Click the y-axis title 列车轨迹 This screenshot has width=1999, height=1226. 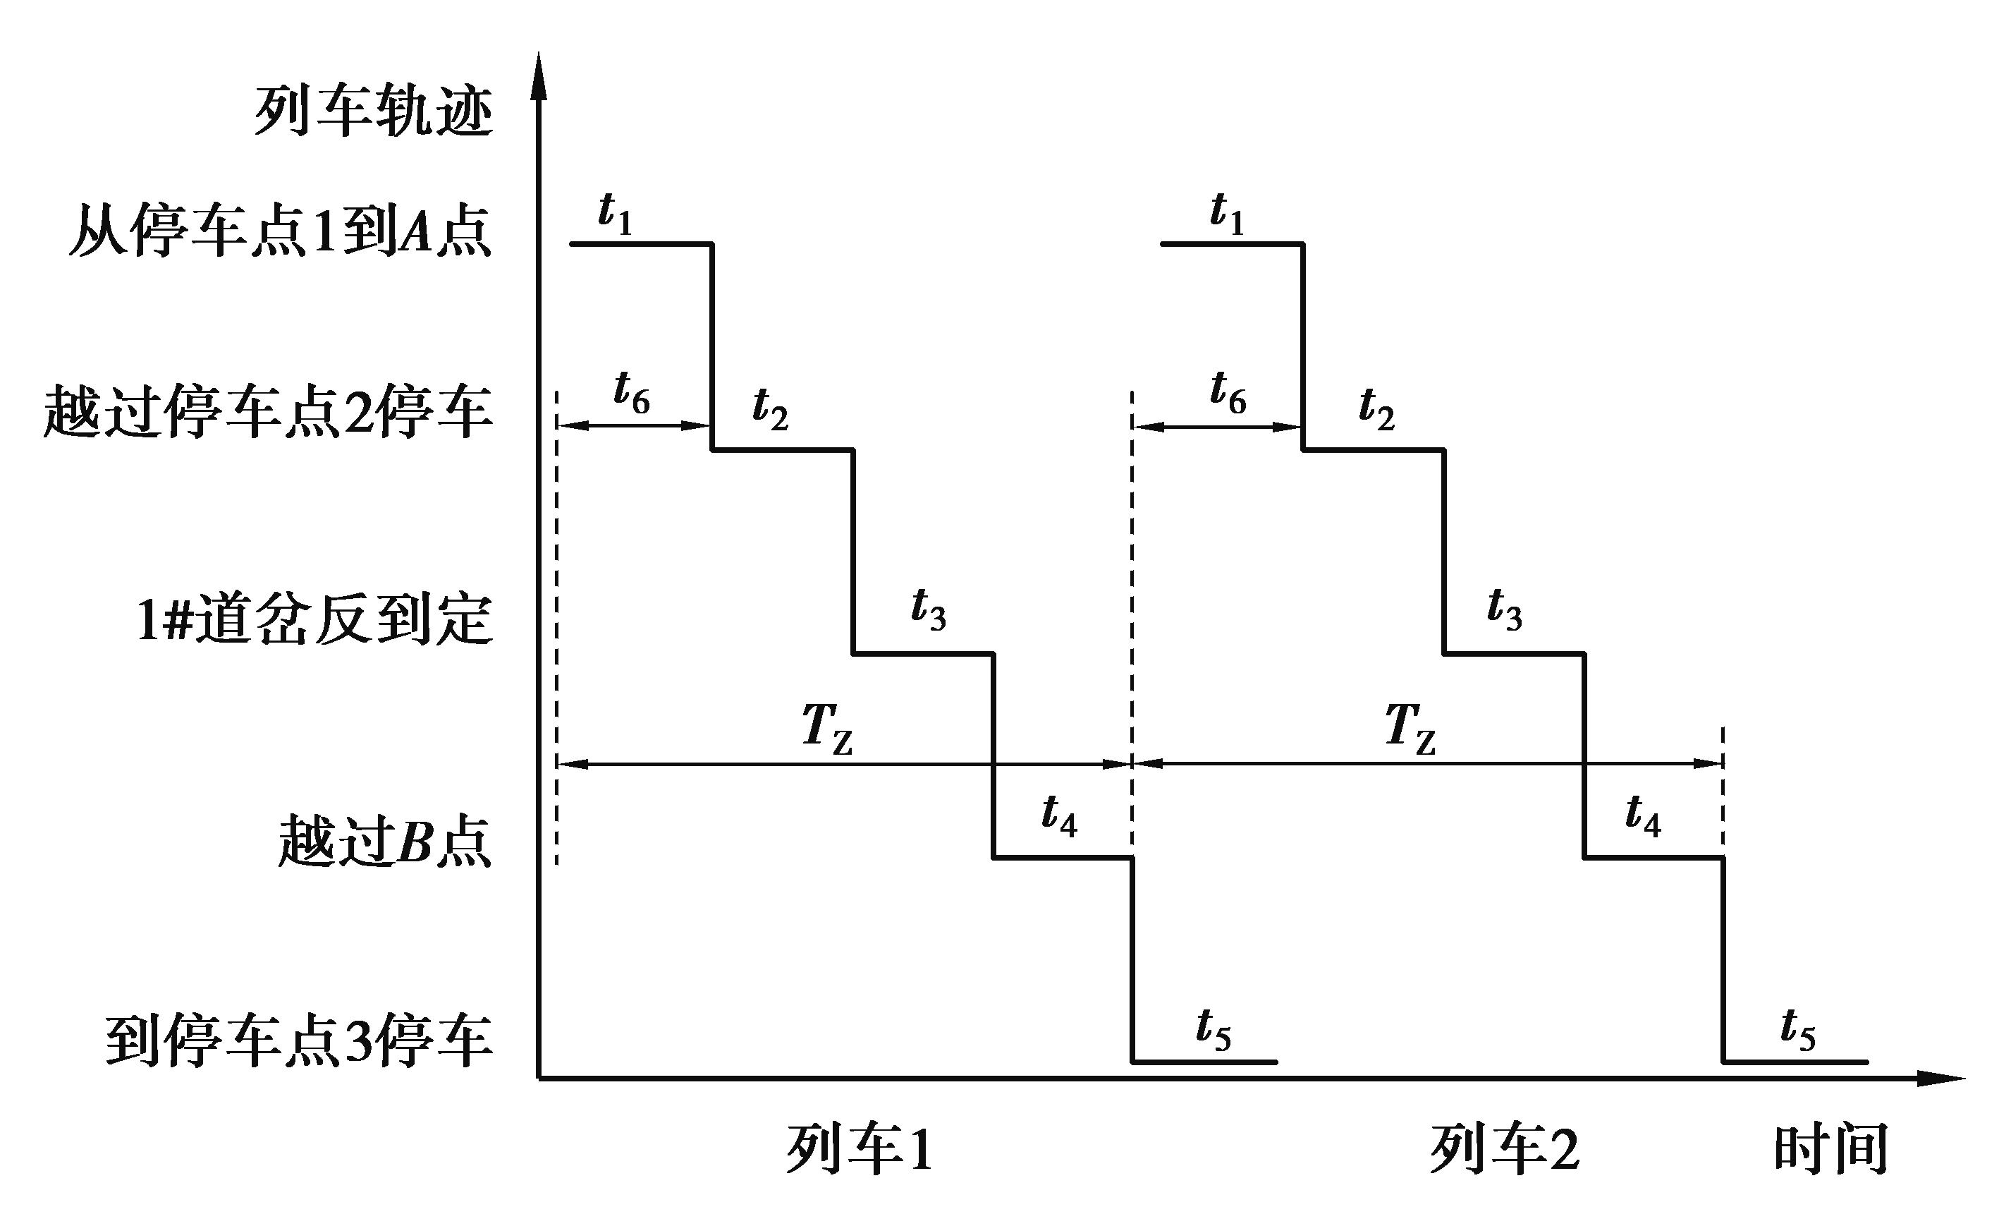374,111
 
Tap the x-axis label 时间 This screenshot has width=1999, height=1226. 1831,1149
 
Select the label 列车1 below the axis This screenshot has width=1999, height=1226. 859,1149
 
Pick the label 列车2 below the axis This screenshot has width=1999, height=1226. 1504,1149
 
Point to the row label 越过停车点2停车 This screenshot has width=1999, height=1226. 269,412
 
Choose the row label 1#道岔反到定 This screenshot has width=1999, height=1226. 314,621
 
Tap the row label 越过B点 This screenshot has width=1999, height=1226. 384,841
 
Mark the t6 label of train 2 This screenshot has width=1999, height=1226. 1228,393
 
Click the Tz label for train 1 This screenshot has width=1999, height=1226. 826,728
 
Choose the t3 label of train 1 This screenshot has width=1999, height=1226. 928,609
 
